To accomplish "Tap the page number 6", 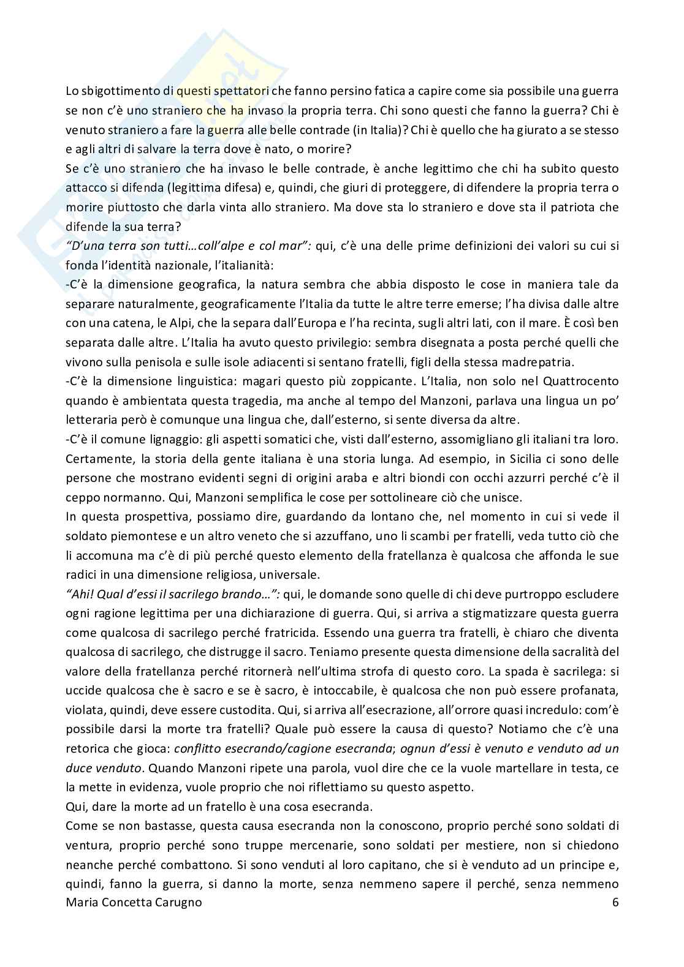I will tap(615, 903).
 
